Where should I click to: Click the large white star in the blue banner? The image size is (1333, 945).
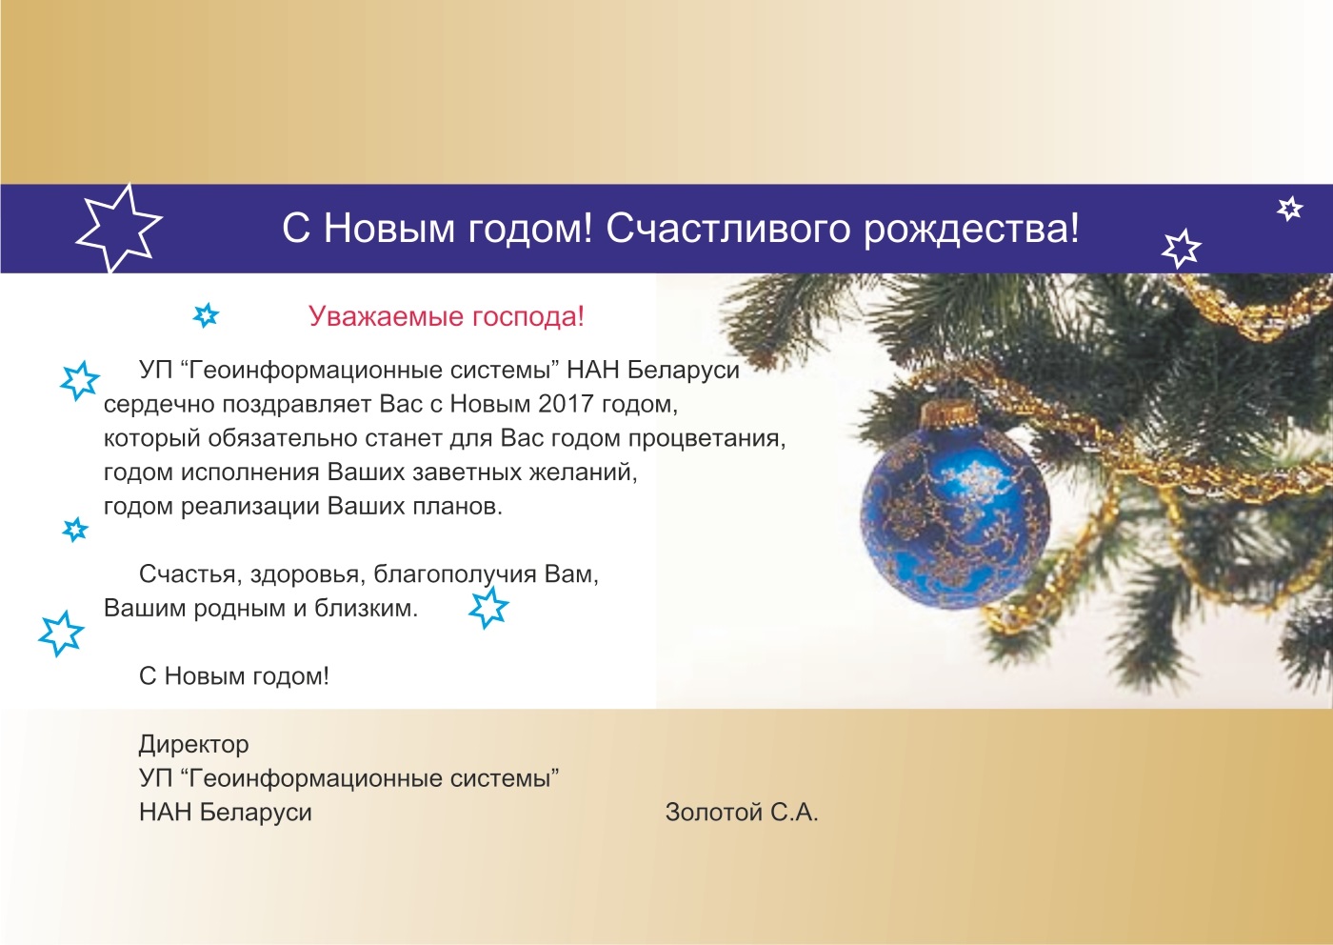pos(119,229)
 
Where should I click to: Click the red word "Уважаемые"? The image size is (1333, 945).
pos(386,317)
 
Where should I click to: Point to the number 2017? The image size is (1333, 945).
pos(566,404)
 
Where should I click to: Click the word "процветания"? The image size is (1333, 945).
pos(706,439)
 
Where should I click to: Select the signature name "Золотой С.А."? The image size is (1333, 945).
pos(742,813)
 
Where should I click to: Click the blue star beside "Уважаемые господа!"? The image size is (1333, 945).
pos(206,315)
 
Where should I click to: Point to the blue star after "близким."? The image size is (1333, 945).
pos(487,608)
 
